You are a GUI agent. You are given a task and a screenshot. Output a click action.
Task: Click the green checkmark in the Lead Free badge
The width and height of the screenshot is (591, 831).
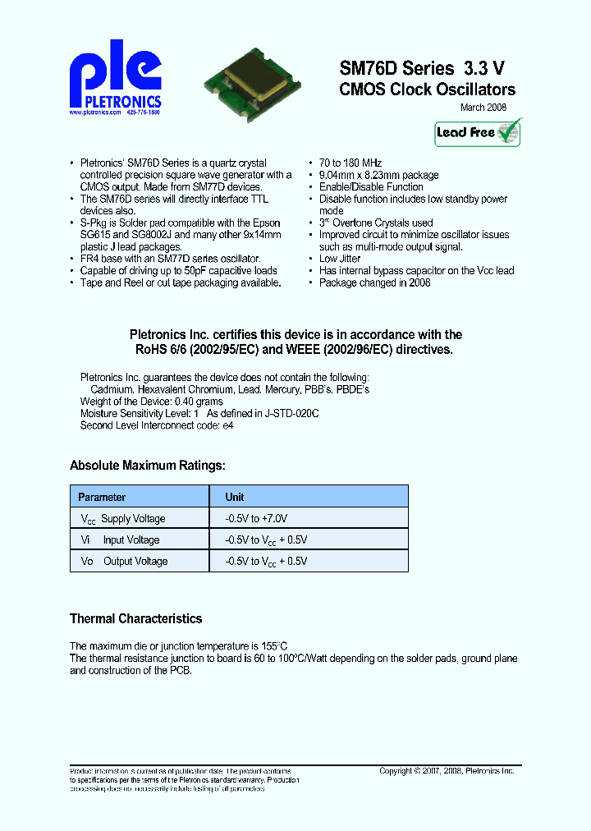pos(509,131)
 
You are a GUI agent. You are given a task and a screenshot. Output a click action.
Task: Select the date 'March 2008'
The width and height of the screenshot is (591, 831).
pos(483,108)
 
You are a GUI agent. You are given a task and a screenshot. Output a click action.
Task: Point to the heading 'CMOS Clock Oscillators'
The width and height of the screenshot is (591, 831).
pos(427,90)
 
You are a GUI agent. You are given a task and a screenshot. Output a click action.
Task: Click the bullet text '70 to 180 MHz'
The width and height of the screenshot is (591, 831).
pos(350,163)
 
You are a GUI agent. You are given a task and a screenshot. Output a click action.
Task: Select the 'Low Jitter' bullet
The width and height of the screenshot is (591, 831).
pos(340,259)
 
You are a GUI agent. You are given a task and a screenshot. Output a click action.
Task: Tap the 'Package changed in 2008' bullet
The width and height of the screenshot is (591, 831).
pos(374,282)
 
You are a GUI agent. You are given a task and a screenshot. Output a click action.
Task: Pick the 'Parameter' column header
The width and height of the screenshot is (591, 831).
pos(102,497)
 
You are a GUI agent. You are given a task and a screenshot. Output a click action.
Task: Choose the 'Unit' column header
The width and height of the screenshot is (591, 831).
pos(235,497)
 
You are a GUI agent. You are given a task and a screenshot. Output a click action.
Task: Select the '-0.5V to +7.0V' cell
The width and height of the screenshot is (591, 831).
pos(256,519)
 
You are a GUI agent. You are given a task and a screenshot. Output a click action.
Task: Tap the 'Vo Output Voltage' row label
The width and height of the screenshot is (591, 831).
pos(124,562)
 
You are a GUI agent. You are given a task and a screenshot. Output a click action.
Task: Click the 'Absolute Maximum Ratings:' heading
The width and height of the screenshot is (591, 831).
pos(147,466)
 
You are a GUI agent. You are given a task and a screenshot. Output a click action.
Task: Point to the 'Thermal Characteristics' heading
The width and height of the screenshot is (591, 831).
pos(135,618)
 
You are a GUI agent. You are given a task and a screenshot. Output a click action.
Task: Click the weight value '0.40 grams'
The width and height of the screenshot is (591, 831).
pos(199,402)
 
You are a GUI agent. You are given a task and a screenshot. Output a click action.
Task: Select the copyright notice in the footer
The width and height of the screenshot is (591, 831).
pos(447,771)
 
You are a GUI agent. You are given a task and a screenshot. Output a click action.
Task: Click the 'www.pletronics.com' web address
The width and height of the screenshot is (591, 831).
pos(94,112)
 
